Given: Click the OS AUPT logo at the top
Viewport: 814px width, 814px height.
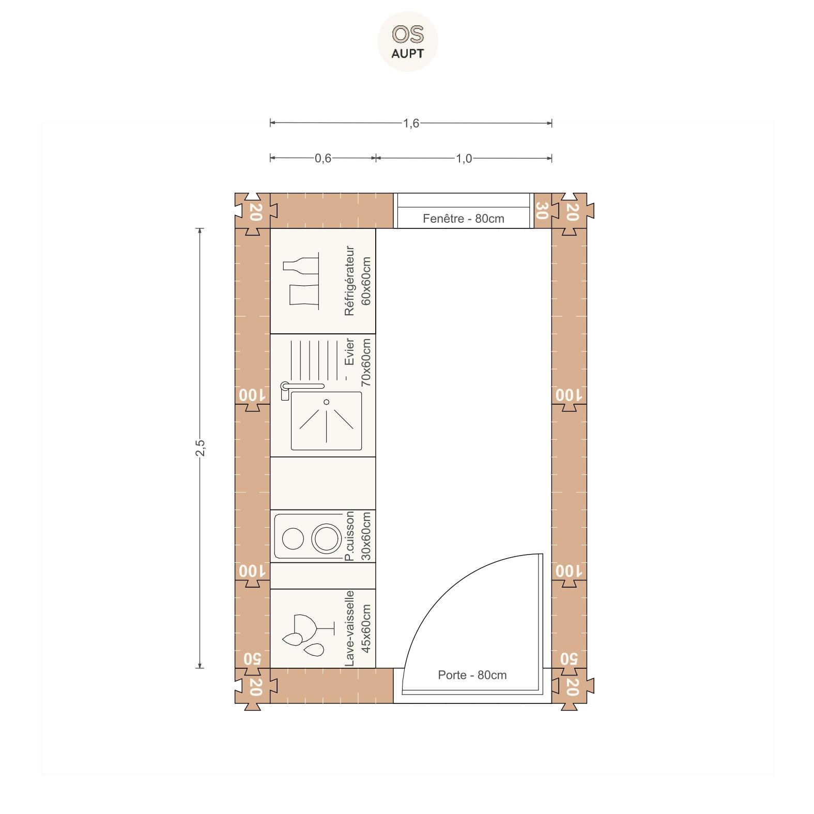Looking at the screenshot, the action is click(408, 41).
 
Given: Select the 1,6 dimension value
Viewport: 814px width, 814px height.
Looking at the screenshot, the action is click(411, 124).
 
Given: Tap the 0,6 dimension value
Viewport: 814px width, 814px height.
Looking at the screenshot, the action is click(323, 158).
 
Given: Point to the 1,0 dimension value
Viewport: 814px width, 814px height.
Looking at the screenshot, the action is click(464, 158).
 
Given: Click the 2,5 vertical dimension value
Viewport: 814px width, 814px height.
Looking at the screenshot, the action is click(200, 448).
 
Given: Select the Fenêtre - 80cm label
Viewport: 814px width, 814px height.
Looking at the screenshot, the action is click(464, 219).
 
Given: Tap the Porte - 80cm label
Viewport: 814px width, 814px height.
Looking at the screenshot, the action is click(472, 675).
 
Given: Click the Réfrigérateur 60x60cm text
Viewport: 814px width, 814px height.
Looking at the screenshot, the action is click(358, 281).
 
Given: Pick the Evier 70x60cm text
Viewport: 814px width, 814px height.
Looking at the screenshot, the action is click(358, 362).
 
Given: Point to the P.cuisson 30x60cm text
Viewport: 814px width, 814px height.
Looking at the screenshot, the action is click(358, 536).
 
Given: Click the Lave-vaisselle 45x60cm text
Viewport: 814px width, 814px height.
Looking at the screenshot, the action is click(358, 628).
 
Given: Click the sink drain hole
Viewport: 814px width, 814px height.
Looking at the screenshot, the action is click(326, 402).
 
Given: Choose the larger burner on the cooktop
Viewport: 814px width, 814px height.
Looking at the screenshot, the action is click(327, 537).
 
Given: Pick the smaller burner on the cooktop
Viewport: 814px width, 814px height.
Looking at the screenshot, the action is click(293, 539).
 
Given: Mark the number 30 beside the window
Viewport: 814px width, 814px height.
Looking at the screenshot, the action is click(541, 210).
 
